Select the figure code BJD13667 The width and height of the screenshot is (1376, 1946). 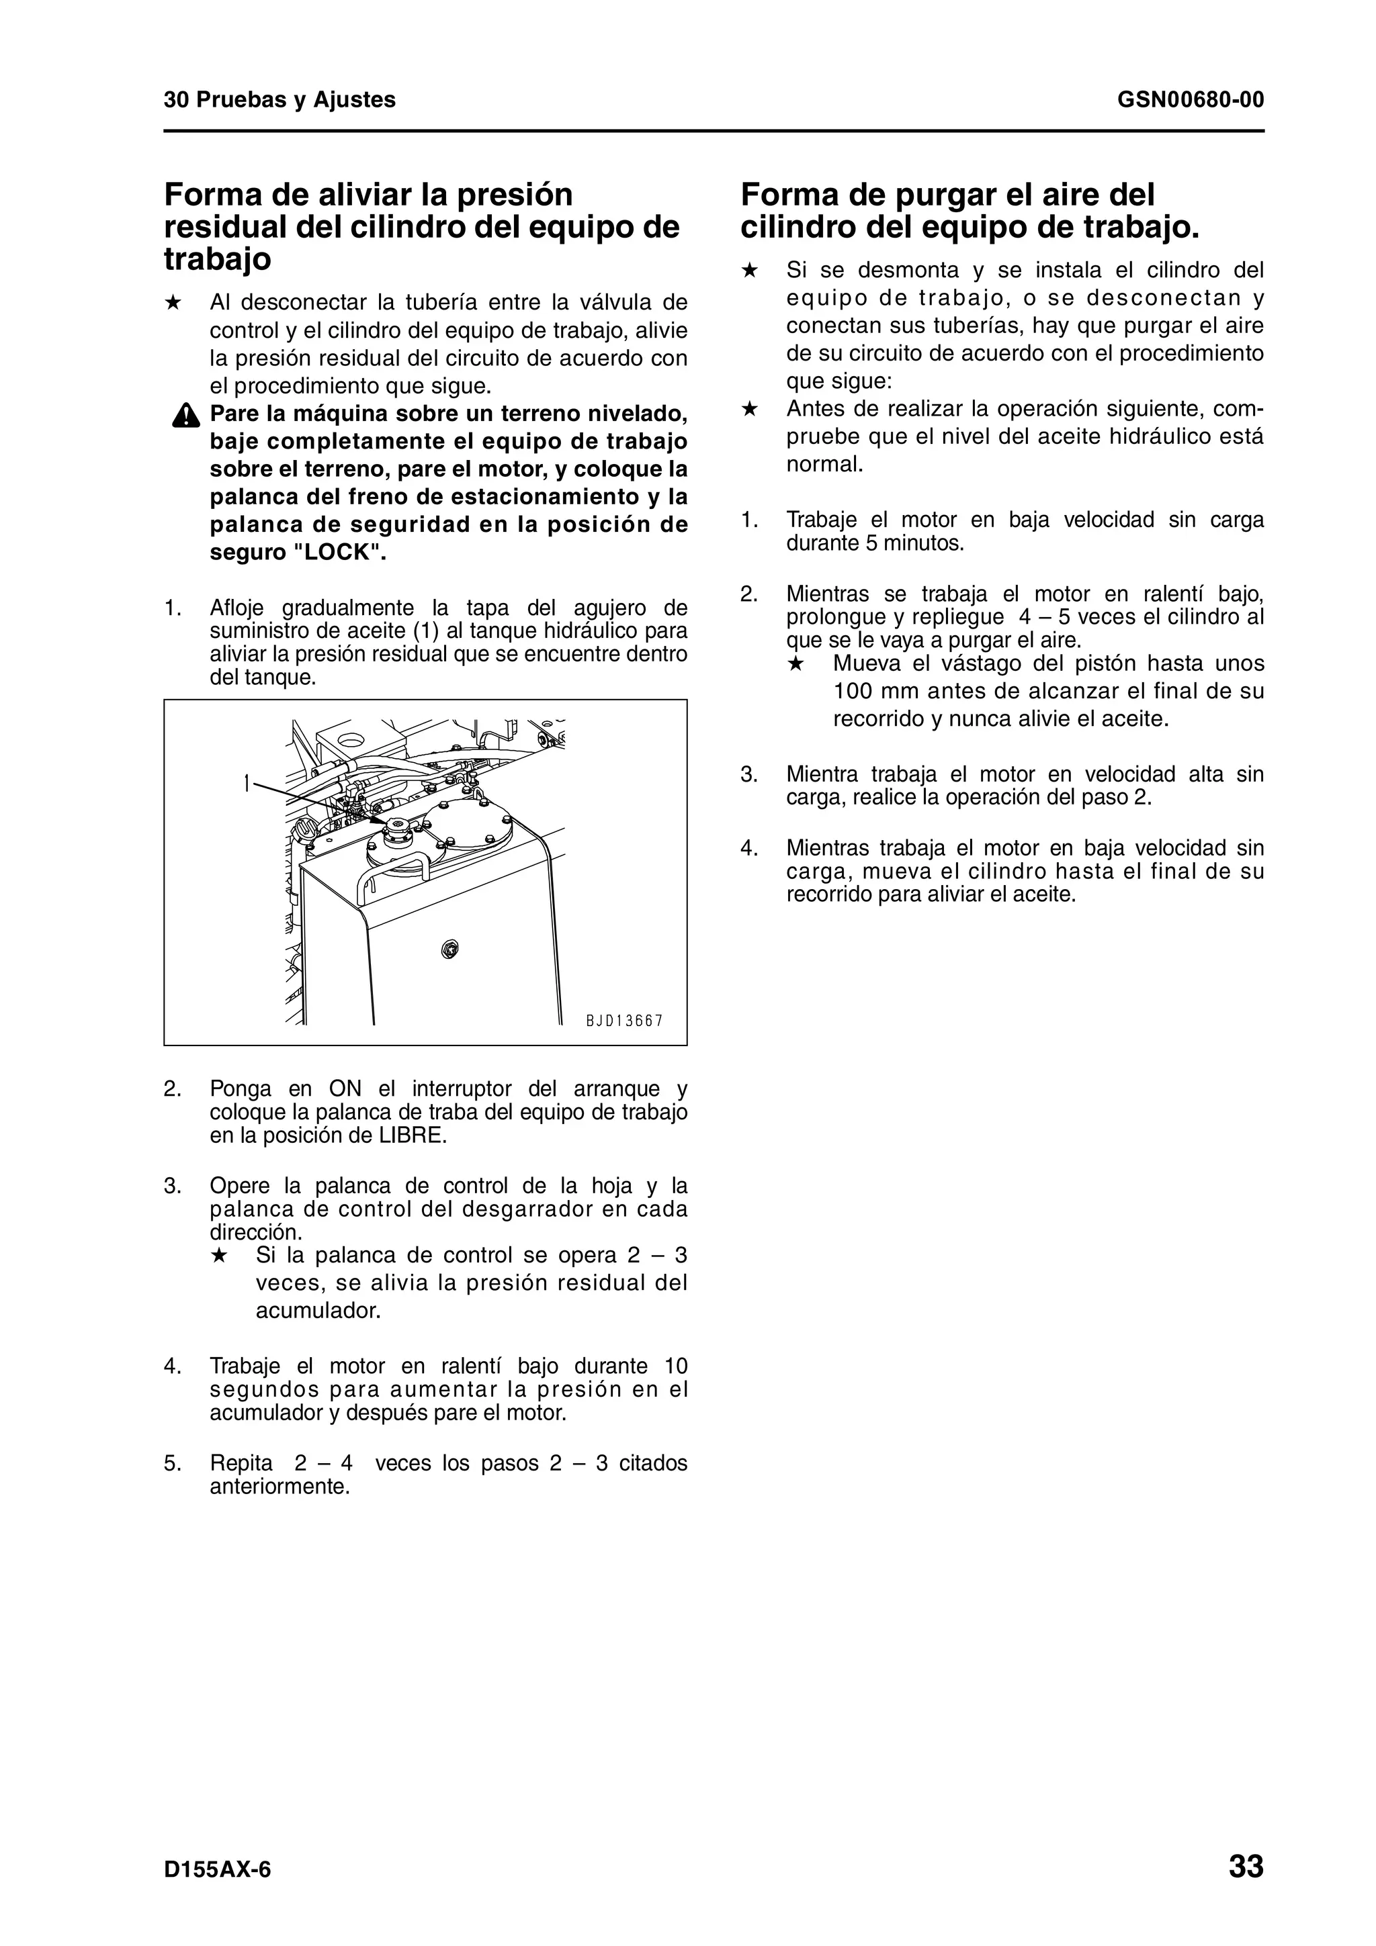pos(624,1021)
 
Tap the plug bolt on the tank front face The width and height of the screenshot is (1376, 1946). pos(449,947)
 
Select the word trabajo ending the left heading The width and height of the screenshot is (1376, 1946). pos(217,259)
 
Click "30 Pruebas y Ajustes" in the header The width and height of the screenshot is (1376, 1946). pos(279,100)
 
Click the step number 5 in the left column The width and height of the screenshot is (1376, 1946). pos(172,1464)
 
